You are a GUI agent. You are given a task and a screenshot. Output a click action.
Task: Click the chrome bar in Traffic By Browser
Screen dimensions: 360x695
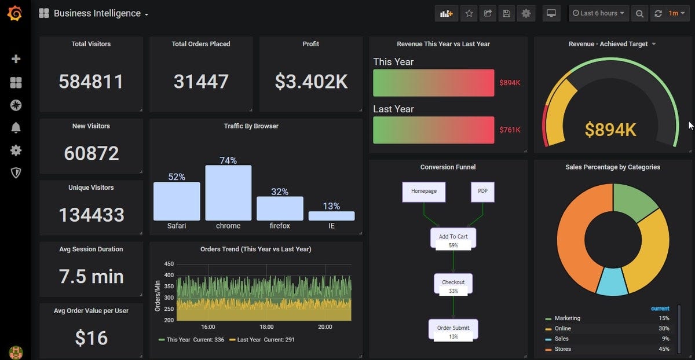click(228, 193)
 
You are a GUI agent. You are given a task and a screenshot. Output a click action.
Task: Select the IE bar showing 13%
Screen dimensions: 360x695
click(331, 216)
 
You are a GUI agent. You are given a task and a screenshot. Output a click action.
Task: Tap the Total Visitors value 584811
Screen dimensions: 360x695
click(91, 82)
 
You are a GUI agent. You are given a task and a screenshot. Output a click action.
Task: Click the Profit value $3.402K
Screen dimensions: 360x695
click(311, 82)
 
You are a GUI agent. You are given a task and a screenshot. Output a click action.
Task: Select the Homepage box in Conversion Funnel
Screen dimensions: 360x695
click(424, 192)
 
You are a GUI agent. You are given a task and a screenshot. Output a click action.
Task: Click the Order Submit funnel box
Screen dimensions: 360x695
click(453, 329)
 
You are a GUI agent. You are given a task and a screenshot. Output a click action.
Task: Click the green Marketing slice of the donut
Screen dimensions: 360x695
click(634, 203)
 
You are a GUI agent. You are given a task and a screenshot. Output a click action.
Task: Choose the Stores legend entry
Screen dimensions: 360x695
click(562, 349)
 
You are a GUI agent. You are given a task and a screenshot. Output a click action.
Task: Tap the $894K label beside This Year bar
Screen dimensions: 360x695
click(510, 83)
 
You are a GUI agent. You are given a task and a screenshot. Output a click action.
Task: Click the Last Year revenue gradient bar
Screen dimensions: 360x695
click(433, 130)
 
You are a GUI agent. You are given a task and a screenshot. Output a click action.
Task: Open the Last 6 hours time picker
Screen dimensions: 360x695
click(598, 13)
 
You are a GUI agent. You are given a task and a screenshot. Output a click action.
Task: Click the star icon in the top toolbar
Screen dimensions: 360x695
click(469, 13)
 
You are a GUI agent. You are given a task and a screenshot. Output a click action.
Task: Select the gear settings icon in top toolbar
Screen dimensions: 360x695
click(526, 13)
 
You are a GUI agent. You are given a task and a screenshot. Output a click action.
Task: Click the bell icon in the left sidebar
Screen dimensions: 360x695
click(16, 128)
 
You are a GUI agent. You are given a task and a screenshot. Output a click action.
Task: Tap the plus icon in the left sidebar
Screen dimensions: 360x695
click(16, 59)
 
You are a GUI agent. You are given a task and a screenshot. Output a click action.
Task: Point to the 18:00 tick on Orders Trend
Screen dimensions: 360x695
click(266, 327)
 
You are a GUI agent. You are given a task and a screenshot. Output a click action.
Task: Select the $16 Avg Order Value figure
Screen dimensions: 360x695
click(91, 337)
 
